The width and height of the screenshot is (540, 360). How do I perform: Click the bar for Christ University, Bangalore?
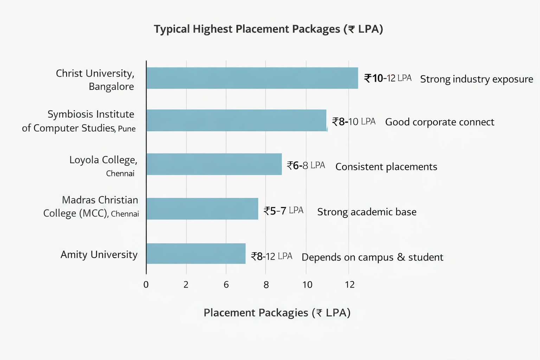[252, 78]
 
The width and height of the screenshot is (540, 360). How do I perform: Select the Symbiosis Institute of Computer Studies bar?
[237, 120]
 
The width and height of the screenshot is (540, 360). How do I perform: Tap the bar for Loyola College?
[214, 164]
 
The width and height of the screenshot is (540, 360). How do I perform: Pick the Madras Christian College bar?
[202, 209]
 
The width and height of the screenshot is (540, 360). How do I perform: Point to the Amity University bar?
[196, 253]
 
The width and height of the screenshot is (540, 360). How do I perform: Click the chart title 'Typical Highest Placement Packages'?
[268, 29]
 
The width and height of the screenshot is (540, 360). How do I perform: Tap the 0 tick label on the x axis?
[146, 284]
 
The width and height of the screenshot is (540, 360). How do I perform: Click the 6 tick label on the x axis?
[226, 284]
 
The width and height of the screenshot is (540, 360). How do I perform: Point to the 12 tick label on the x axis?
[349, 284]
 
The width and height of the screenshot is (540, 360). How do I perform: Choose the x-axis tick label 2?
[186, 284]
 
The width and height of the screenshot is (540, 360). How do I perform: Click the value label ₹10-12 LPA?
[387, 78]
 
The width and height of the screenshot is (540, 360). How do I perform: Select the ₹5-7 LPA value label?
[283, 211]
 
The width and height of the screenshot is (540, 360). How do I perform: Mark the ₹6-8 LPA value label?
[306, 165]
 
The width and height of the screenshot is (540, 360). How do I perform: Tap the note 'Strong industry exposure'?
[476, 79]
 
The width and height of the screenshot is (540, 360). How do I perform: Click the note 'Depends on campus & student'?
[372, 257]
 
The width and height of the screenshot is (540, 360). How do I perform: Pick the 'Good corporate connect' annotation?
[439, 122]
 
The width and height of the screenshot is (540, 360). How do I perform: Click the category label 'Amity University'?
[99, 255]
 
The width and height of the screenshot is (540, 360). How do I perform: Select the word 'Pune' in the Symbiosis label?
[127, 129]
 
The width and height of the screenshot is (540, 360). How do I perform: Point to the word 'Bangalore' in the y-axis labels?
[111, 86]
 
